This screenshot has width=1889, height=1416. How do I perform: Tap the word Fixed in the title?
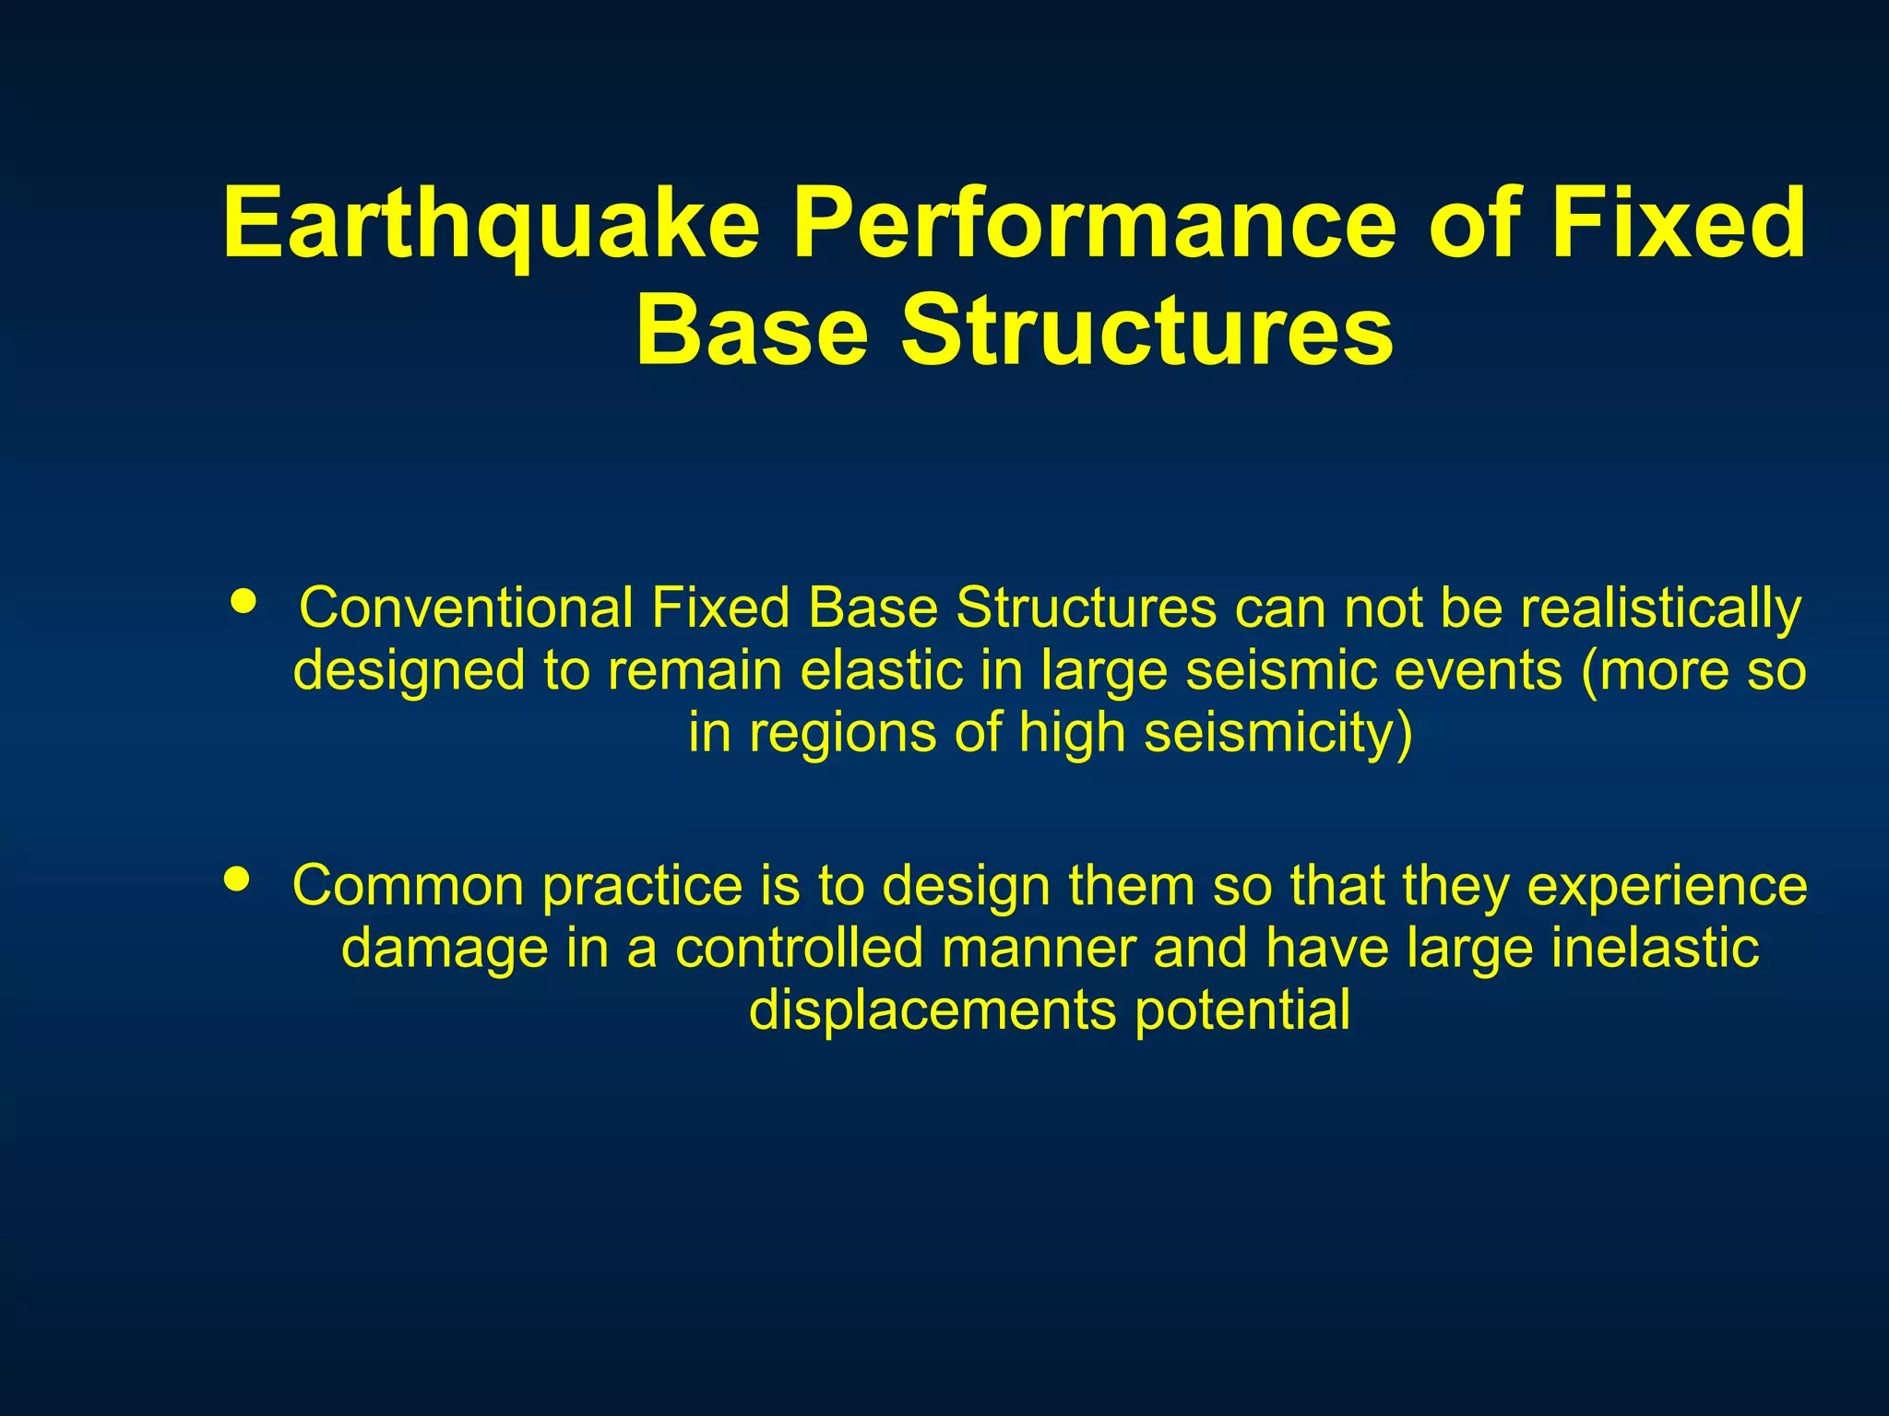point(1677,224)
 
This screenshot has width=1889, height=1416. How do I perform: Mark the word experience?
point(1667,886)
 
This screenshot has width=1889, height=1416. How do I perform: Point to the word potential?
point(1242,1010)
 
